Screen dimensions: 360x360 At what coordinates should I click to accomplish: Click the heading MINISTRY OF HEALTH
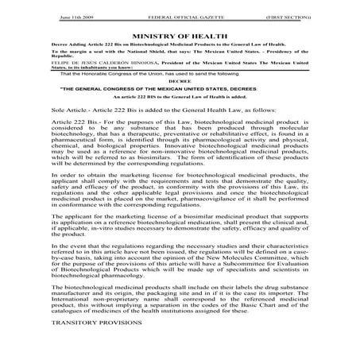tap(181, 37)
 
